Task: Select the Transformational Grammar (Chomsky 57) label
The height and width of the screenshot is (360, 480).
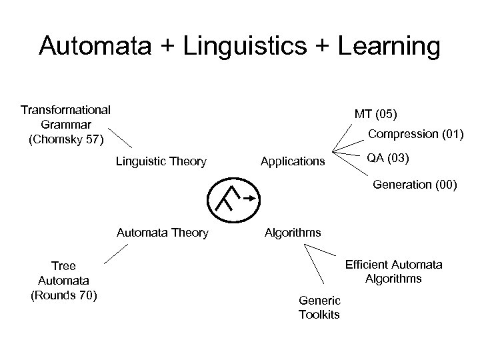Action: click(x=65, y=125)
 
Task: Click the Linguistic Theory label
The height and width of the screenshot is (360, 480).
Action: click(x=161, y=161)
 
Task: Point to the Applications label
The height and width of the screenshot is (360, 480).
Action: click(x=293, y=161)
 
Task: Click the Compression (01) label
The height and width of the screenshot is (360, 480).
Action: click(x=416, y=134)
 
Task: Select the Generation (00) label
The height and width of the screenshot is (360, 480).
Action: click(x=415, y=185)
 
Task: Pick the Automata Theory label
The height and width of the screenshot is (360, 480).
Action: click(x=162, y=233)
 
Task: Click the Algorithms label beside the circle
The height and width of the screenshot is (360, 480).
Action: click(x=293, y=233)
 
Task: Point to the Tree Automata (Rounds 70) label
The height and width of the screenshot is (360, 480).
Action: click(x=64, y=281)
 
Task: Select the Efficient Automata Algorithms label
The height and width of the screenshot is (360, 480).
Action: click(x=393, y=271)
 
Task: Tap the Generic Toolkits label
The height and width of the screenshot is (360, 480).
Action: click(x=319, y=307)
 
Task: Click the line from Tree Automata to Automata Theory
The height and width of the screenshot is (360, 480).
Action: click(x=115, y=255)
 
